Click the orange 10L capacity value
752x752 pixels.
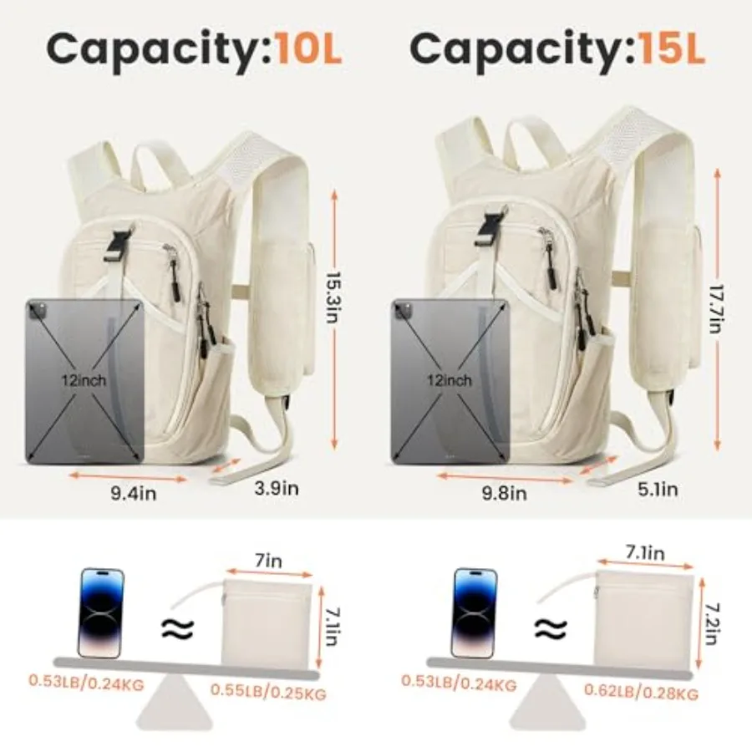click(308, 49)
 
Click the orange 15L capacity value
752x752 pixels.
click(672, 49)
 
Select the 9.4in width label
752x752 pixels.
click(134, 493)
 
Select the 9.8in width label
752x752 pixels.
click(504, 493)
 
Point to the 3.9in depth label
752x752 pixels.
click(277, 488)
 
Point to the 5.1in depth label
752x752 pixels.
click(658, 489)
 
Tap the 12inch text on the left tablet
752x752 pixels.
click(84, 381)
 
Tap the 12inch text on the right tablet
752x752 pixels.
click(450, 381)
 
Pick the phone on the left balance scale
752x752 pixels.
click(101, 612)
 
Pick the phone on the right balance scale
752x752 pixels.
click(475, 613)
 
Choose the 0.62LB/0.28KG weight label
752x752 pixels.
click(641, 692)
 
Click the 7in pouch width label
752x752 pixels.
click(268, 561)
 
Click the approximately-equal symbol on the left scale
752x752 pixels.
click(177, 629)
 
